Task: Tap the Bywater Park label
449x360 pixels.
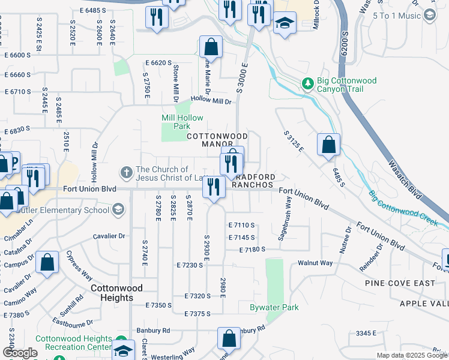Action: point(274,308)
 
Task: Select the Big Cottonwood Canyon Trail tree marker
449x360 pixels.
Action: point(308,83)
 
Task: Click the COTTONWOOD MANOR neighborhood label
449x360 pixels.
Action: point(209,140)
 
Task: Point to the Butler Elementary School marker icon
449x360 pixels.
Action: point(118,209)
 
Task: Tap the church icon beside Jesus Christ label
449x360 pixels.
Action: point(126,173)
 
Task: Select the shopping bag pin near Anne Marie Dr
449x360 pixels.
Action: point(211,47)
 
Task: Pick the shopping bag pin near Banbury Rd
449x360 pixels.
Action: point(229,338)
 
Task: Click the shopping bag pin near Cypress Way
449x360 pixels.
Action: point(47,263)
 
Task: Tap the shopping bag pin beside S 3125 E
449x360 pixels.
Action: point(328,145)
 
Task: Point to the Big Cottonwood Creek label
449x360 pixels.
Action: point(408,207)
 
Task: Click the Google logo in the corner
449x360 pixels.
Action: point(20,353)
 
